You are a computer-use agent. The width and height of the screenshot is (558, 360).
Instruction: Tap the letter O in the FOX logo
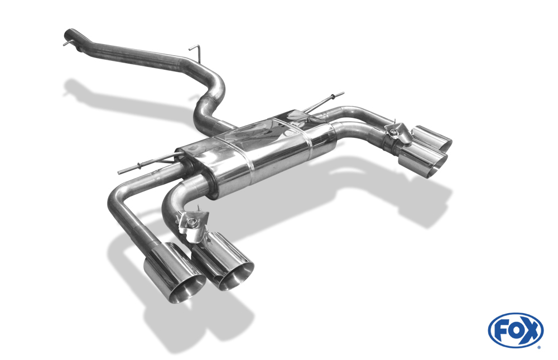click(516, 331)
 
